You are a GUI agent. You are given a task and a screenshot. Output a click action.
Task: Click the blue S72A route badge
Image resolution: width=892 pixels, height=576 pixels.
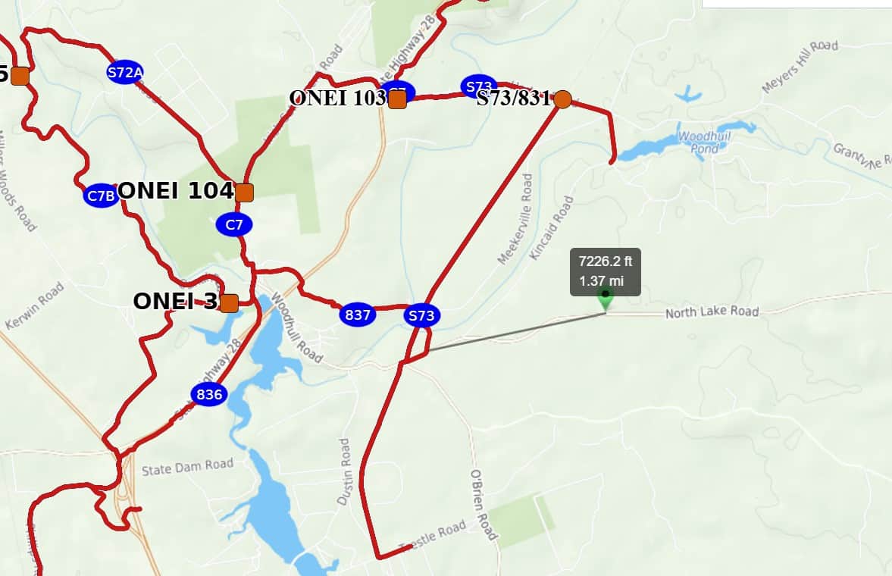click(x=125, y=72)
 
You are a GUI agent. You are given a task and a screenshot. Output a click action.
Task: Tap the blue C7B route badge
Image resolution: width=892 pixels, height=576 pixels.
click(x=101, y=196)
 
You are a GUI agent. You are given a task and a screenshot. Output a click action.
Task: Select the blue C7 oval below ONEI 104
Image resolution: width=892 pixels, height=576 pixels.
click(x=234, y=224)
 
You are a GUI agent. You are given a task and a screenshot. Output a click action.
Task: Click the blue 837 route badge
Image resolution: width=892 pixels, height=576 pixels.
click(x=357, y=315)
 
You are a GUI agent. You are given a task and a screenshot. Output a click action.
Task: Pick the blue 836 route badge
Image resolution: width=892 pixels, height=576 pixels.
click(x=208, y=394)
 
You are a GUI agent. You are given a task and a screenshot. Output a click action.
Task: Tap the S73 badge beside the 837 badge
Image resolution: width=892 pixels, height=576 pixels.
click(x=421, y=315)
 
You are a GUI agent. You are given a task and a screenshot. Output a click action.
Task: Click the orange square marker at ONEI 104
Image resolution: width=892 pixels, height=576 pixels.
click(x=244, y=193)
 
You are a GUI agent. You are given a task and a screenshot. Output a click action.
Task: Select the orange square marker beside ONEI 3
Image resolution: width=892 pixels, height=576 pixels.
click(x=229, y=303)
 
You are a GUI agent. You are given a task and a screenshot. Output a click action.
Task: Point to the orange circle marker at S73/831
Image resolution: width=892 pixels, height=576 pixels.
click(x=562, y=99)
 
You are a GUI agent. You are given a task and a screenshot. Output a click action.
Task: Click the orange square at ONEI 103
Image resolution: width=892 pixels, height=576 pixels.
click(x=397, y=99)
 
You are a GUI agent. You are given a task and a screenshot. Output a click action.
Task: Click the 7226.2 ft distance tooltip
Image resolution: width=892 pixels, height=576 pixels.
click(x=605, y=271)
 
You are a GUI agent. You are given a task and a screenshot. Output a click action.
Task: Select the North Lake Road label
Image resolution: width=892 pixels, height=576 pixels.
click(x=712, y=312)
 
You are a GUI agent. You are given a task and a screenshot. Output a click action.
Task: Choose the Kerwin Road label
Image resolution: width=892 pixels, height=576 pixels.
click(x=35, y=305)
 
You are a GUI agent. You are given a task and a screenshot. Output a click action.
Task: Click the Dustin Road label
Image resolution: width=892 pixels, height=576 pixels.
click(x=345, y=471)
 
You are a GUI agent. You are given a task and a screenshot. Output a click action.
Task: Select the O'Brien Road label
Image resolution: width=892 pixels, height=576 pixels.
click(x=483, y=505)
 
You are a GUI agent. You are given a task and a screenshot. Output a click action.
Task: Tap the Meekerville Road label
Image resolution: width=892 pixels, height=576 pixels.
click(x=515, y=219)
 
